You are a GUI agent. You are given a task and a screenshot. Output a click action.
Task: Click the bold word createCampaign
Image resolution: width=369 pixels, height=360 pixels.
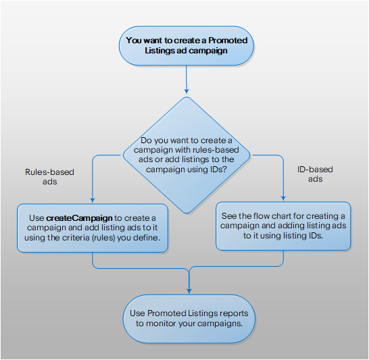coord(79,218)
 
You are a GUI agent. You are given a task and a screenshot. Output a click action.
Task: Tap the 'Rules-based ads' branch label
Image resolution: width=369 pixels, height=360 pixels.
coord(49,177)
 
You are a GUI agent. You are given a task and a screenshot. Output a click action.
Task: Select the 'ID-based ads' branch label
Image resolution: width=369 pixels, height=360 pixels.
coord(315,174)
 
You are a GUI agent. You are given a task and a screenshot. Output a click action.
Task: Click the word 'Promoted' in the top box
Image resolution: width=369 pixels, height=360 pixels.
coord(228,41)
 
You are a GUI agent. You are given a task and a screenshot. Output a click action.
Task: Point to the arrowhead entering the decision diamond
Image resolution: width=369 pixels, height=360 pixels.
coord(187,92)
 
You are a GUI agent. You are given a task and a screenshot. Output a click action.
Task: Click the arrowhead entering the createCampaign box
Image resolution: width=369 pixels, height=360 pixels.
coord(93,200)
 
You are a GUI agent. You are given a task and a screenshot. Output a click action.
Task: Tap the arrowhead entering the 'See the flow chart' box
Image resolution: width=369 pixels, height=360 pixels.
coord(283,198)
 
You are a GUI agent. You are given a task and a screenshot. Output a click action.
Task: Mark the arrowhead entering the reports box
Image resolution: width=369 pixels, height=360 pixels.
coord(189,291)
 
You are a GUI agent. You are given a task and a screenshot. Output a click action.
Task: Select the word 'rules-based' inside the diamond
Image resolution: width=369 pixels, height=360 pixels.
coord(216,150)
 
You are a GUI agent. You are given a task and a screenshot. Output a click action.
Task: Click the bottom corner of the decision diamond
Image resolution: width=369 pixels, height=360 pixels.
coord(187,213)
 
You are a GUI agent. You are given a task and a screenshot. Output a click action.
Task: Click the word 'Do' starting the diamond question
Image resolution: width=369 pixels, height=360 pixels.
coord(146,140)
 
